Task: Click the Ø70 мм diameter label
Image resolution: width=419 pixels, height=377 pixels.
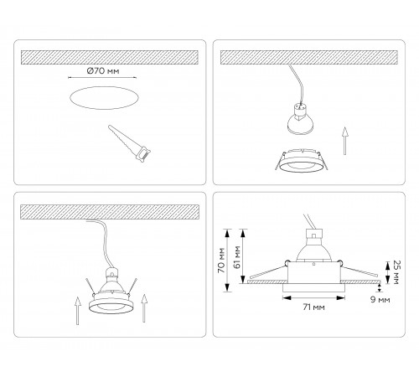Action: [x=103, y=71]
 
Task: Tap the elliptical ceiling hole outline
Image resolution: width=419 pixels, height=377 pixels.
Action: [x=104, y=87]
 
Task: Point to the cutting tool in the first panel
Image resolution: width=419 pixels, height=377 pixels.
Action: [x=129, y=143]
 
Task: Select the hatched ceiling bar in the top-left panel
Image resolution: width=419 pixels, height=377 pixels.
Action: [x=110, y=57]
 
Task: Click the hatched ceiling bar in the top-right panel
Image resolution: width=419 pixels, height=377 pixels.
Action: [x=308, y=57]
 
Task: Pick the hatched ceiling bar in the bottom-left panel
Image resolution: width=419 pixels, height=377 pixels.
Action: [x=110, y=212]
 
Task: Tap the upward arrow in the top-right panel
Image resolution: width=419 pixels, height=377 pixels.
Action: [x=345, y=141]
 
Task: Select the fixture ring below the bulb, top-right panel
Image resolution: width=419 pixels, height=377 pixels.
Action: [x=301, y=162]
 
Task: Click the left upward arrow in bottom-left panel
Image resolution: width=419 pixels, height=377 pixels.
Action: [x=78, y=311]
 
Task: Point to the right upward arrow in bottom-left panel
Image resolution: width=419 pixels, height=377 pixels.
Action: [x=144, y=308]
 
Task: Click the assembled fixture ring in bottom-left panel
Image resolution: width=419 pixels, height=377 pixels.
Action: [x=111, y=303]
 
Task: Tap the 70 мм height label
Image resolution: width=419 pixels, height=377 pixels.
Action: [x=221, y=261]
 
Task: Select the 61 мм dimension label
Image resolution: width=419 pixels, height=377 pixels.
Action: [x=237, y=257]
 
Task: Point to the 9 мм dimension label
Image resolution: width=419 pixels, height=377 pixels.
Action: [x=380, y=300]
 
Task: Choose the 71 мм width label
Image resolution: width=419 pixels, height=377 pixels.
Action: [x=313, y=307]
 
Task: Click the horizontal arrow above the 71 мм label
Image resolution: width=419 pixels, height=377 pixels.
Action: [x=313, y=298]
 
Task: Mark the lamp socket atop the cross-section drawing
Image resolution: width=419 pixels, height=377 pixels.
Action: [x=314, y=234]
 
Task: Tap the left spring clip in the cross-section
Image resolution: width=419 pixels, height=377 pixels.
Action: [x=268, y=271]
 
